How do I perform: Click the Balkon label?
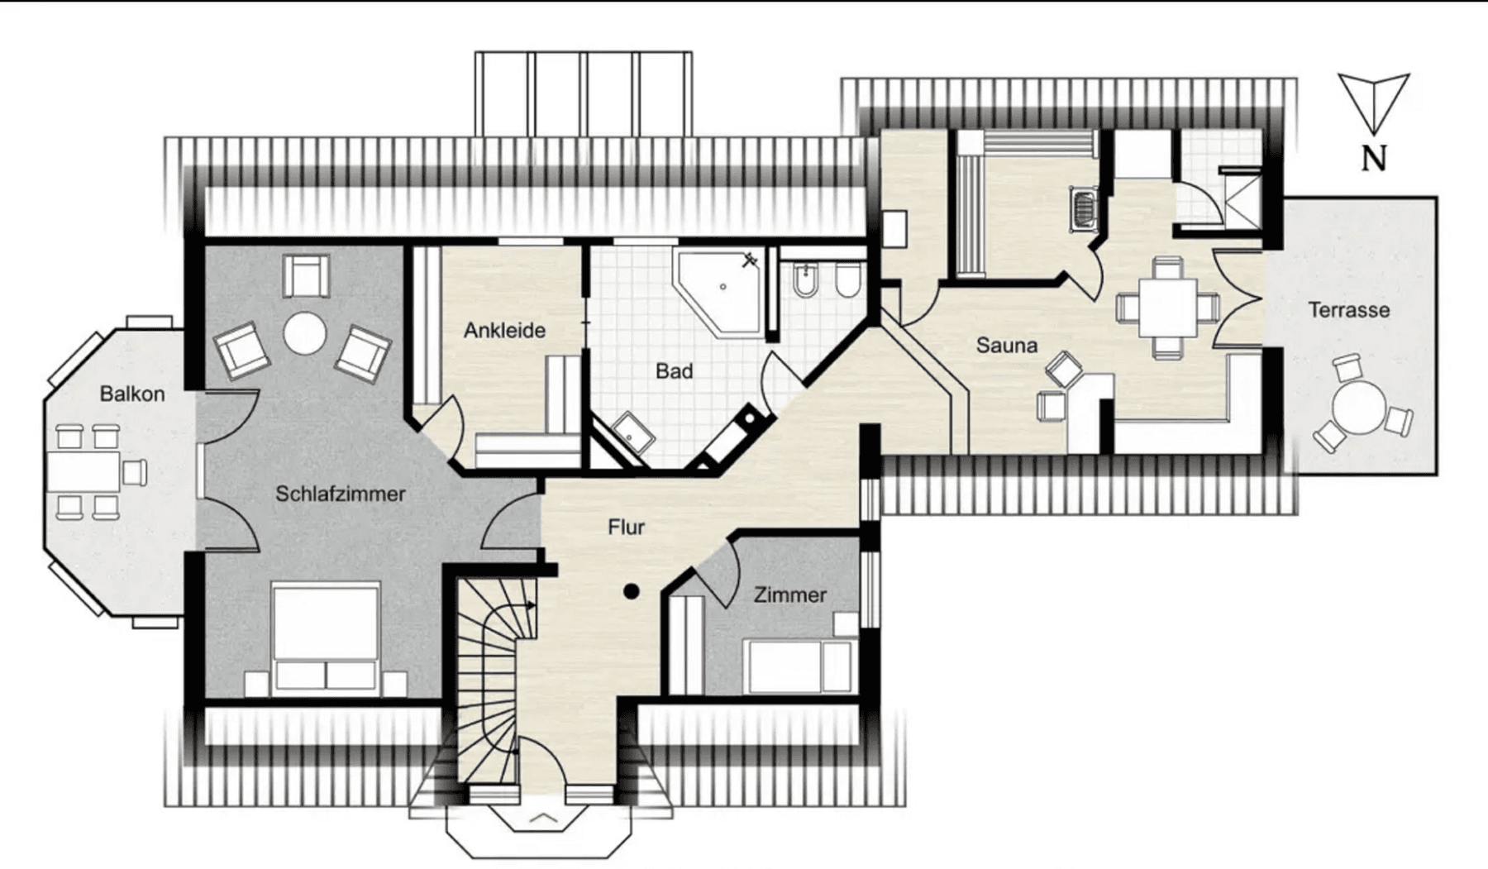click(x=132, y=394)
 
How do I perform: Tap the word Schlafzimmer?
click(x=340, y=494)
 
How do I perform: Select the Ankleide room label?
click(x=504, y=330)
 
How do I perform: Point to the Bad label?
click(x=674, y=371)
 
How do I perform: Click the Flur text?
click(x=626, y=527)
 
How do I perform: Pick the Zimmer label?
click(x=789, y=594)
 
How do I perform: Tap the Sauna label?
click(x=1006, y=345)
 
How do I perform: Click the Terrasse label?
click(x=1348, y=310)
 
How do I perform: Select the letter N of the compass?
click(x=1373, y=158)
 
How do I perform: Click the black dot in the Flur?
click(x=632, y=591)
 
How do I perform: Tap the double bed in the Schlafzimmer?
click(x=326, y=637)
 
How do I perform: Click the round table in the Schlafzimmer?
click(x=305, y=333)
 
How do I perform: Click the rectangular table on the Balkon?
click(x=83, y=471)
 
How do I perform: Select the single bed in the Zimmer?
click(x=799, y=666)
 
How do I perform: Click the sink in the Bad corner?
click(x=633, y=432)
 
